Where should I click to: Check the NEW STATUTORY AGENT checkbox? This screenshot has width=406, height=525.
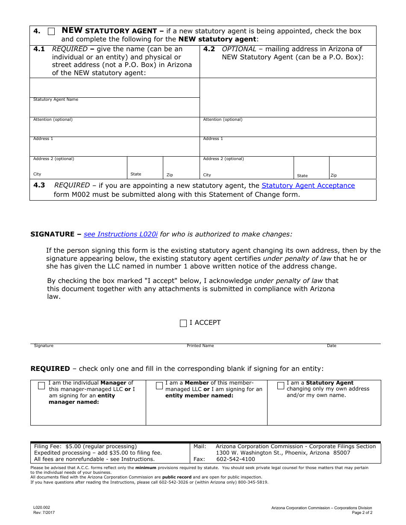pyautogui.click(x=51, y=31)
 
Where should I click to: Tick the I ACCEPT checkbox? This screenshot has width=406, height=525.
pyautogui.click(x=183, y=323)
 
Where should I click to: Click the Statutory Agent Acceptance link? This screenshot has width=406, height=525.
pyautogui.click(x=308, y=186)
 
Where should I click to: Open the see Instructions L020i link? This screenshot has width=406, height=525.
pyautogui.click(x=121, y=234)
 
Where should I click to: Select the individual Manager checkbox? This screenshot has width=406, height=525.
pyautogui.click(x=41, y=385)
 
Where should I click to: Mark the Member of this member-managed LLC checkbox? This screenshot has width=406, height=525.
pyautogui.click(x=159, y=385)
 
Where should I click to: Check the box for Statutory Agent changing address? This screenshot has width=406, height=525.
pyautogui.click(x=281, y=385)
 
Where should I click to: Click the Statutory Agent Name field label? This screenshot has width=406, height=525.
pyautogui.click(x=56, y=99)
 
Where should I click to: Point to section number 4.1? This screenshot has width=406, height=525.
pyautogui.click(x=39, y=49)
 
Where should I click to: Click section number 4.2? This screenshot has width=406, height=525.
pyautogui.click(x=209, y=49)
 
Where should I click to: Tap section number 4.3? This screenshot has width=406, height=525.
pyautogui.click(x=39, y=186)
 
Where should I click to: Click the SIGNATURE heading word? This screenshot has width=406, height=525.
pyautogui.click(x=52, y=234)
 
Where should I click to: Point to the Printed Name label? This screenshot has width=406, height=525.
pyautogui.click(x=200, y=346)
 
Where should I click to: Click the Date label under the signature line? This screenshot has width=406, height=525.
pyautogui.click(x=332, y=346)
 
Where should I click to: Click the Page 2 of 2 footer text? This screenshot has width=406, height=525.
pyautogui.click(x=362, y=513)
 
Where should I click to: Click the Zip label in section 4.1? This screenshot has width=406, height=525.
pyautogui.click(x=170, y=175)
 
